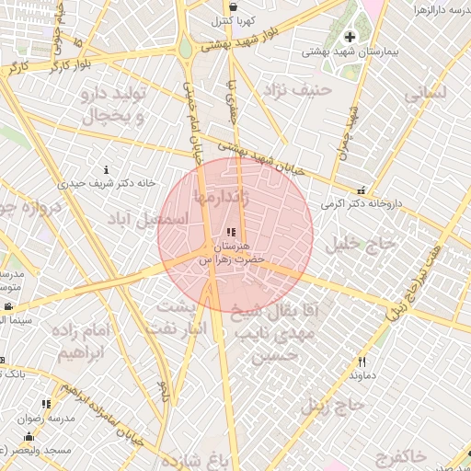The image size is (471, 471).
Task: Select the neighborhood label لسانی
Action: click(x=424, y=93)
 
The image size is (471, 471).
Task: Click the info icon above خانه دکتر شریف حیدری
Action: click(x=108, y=170)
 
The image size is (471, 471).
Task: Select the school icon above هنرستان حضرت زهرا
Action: click(x=230, y=234)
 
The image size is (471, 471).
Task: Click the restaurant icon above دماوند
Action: click(x=362, y=362)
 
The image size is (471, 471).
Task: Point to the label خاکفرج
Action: click(x=401, y=455)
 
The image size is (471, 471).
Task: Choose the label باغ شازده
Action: click(x=192, y=459)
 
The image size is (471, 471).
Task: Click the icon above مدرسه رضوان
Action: click(x=46, y=404)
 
